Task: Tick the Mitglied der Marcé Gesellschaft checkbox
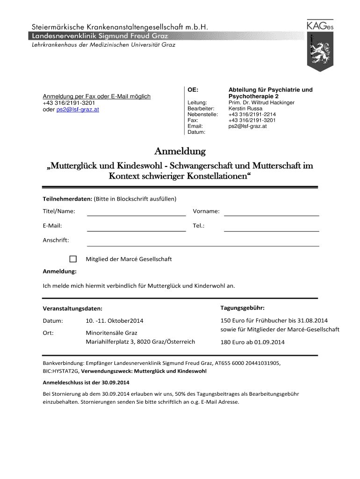73,259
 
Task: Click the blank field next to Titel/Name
137,212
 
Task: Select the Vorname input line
271,212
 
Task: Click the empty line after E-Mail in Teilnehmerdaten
137,227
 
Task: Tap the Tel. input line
271,227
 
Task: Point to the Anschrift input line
203,242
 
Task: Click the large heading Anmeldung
180,152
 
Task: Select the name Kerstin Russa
245,109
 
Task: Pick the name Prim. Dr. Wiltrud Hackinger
261,102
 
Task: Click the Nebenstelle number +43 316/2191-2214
252,114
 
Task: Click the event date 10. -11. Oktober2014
115,321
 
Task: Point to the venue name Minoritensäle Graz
111,334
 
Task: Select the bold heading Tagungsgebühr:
243,308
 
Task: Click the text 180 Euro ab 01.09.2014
252,342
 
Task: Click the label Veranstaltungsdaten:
72,309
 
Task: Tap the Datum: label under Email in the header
196,132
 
